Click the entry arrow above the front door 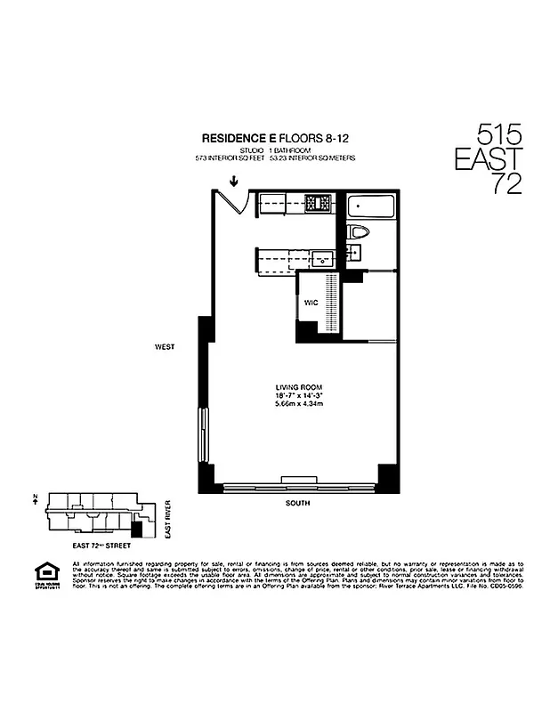[x=233, y=182]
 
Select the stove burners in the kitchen [x=318, y=204]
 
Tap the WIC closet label [x=311, y=303]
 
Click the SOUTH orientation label [x=297, y=503]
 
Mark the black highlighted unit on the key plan [x=135, y=528]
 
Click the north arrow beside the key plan [x=34, y=500]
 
